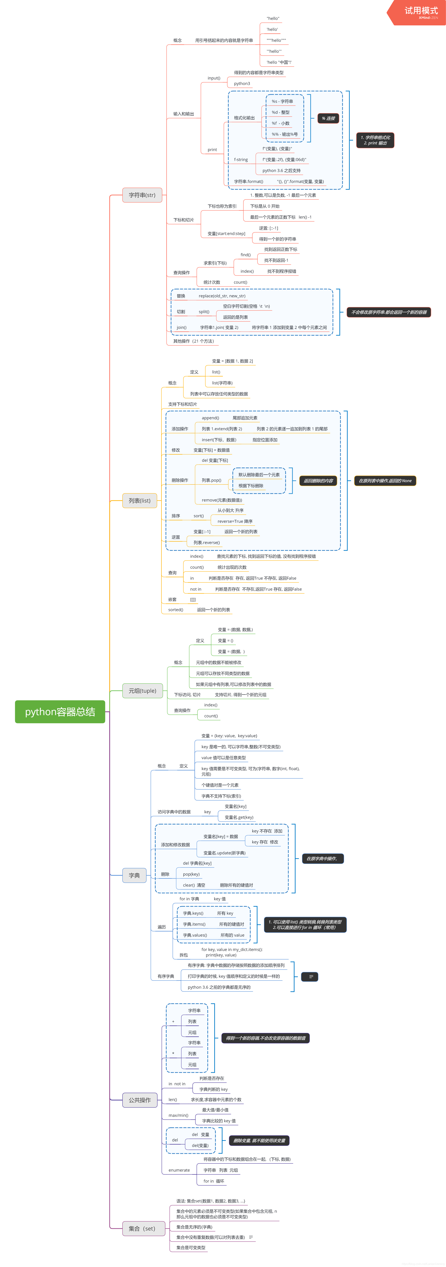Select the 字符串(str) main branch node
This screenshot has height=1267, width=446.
[x=142, y=195]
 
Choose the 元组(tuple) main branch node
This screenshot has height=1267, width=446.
[x=142, y=691]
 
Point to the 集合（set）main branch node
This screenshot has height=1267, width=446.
[x=142, y=1228]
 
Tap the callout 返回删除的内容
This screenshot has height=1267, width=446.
[x=318, y=480]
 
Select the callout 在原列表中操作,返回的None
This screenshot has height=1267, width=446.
[x=385, y=480]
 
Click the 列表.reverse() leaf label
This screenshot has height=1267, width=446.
[x=206, y=542]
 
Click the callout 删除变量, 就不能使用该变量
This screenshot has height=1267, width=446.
[x=259, y=1140]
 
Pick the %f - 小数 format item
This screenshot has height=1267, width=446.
[x=281, y=123]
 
